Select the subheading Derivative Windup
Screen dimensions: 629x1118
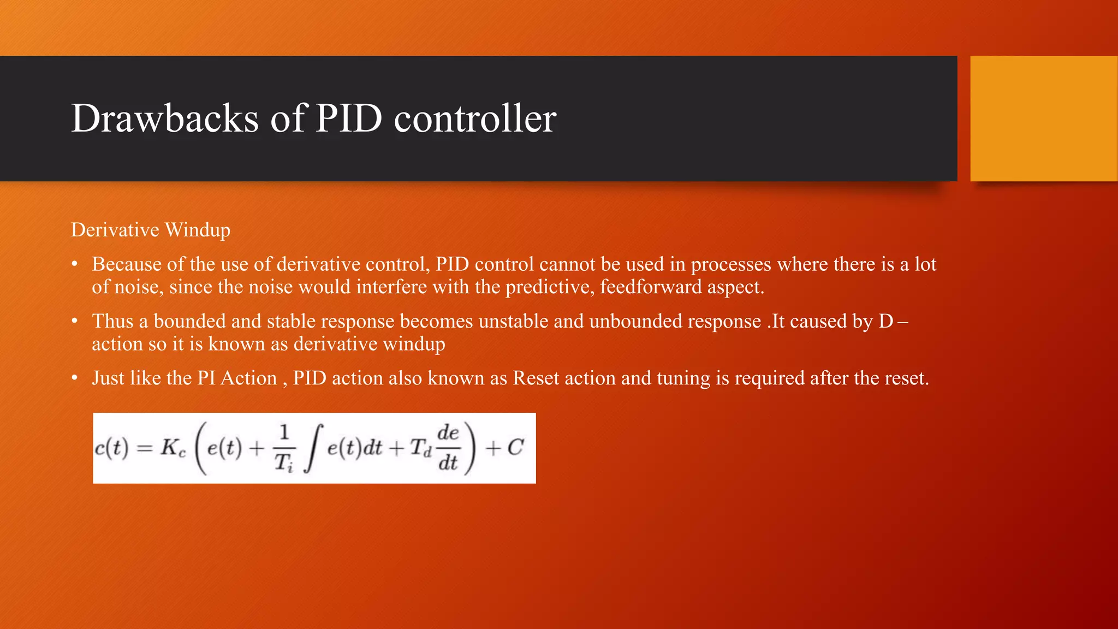[151, 230]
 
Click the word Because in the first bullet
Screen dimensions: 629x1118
[127, 264]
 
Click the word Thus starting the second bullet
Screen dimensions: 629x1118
[112, 321]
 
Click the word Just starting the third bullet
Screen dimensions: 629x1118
[109, 378]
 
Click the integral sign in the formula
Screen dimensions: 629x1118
[313, 448]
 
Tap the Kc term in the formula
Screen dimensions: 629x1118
[173, 448]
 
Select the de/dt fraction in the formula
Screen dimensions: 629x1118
[448, 448]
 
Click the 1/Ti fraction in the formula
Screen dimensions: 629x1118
[284, 448]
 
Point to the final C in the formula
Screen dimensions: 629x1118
[515, 448]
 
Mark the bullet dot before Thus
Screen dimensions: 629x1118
[75, 321]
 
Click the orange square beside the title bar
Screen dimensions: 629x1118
[1044, 118]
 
